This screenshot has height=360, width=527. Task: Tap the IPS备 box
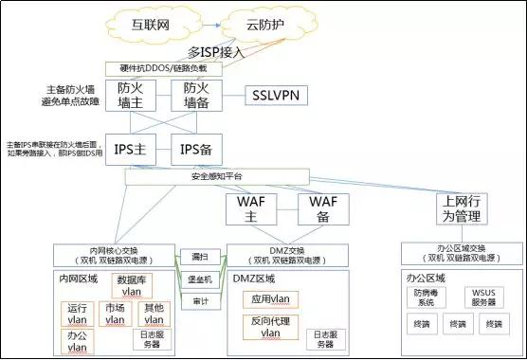click(x=196, y=147)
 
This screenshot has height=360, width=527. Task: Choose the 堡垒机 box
click(x=200, y=279)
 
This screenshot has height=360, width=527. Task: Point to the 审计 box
click(x=200, y=301)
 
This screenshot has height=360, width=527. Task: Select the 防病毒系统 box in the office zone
click(x=426, y=297)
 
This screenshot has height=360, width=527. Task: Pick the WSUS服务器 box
click(x=484, y=297)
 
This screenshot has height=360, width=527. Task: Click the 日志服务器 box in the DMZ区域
click(x=325, y=338)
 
